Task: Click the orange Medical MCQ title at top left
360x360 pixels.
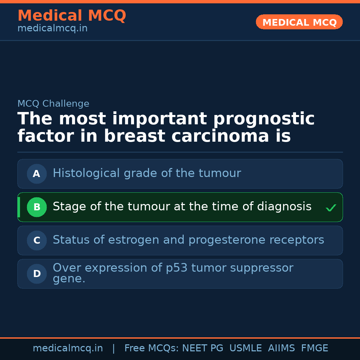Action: [72, 15]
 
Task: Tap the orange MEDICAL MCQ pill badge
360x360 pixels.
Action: [299, 22]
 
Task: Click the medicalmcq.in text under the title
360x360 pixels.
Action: [53, 28]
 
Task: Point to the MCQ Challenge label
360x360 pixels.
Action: [53, 104]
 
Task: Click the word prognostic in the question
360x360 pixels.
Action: [264, 119]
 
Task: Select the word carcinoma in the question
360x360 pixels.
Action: [220, 136]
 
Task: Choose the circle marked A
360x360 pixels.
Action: [37, 174]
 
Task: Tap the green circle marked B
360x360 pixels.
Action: [37, 207]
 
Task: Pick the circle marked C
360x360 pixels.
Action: [37, 240]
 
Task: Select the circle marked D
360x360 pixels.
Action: [37, 274]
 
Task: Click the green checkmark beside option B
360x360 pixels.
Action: [331, 208]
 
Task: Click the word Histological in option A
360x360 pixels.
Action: [86, 173]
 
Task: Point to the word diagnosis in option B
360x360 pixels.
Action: [284, 206]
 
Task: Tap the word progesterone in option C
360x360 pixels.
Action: [227, 240]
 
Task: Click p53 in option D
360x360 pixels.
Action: [177, 268]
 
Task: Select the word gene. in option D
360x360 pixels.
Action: [69, 279]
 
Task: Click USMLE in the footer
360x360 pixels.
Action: [245, 348]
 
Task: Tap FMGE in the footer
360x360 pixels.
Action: [315, 348]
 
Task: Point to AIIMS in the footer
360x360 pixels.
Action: [281, 348]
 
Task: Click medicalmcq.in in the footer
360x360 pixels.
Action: [68, 348]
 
